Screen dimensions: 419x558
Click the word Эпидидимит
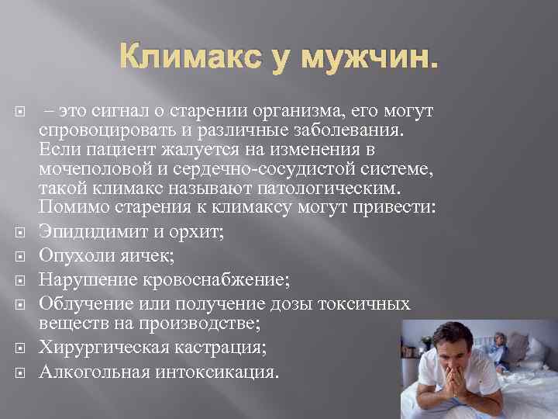click(x=89, y=232)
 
